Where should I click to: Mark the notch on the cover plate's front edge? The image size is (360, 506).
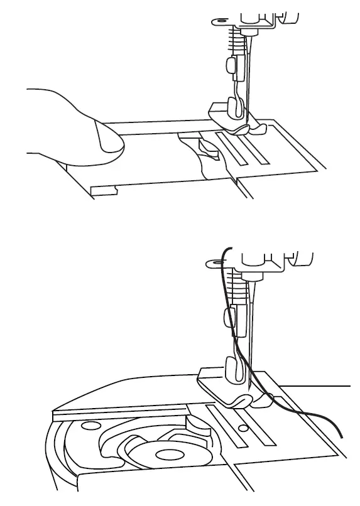coord(104,190)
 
